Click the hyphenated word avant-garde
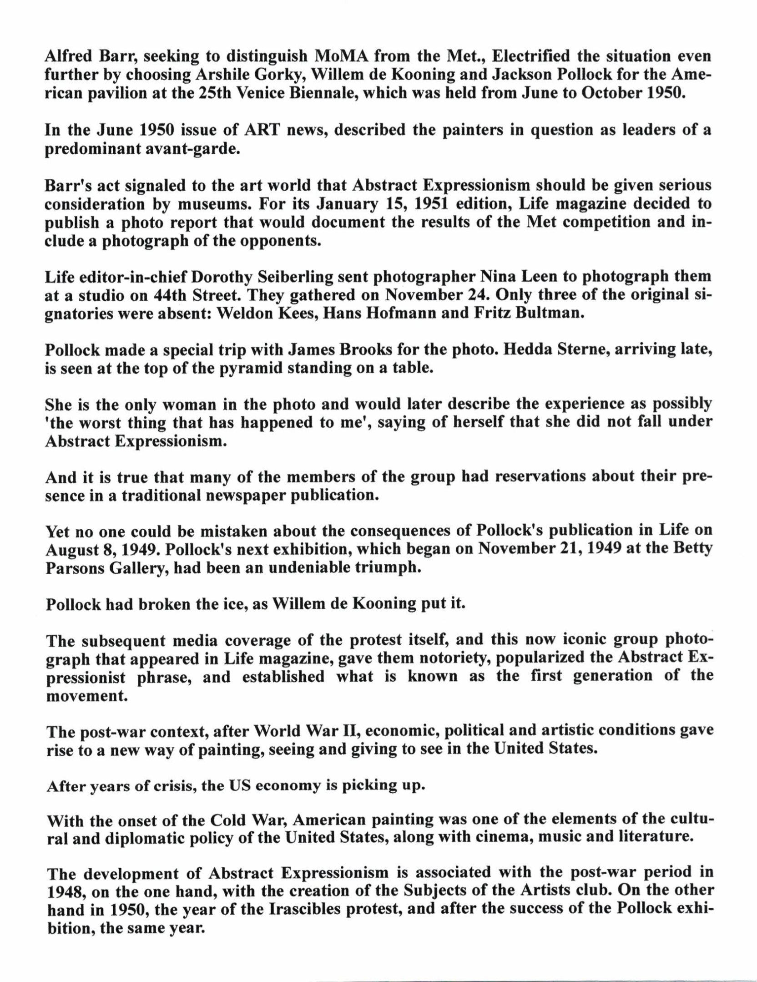tap(199, 150)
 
